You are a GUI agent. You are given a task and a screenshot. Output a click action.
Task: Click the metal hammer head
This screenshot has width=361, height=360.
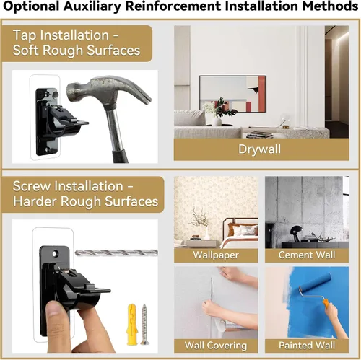click(x=108, y=91)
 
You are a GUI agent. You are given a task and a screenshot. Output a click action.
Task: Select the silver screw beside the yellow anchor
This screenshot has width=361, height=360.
click(x=144, y=324)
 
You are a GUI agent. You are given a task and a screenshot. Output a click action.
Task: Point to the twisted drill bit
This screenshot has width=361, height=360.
click(x=116, y=253)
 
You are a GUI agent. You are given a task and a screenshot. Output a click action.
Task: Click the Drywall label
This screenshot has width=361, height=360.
click(x=259, y=149)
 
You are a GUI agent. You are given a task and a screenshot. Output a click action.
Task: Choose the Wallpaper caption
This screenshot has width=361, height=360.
click(x=216, y=255)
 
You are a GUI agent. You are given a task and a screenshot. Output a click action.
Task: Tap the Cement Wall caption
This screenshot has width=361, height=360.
click(x=307, y=255)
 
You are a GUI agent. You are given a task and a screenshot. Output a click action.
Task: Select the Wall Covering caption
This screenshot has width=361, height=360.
click(x=216, y=346)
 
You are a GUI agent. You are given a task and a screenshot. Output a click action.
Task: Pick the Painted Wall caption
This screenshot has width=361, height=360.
click(x=307, y=346)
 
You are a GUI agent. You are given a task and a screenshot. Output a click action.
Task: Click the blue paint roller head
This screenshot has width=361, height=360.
click(x=315, y=281)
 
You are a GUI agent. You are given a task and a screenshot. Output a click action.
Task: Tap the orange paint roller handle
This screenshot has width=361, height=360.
click(x=326, y=304)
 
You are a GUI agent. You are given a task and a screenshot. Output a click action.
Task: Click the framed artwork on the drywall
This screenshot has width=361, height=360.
click(x=232, y=94)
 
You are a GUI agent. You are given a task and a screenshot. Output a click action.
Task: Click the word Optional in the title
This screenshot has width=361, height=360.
click(x=30, y=6)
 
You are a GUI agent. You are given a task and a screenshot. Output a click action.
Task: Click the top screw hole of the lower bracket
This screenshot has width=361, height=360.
click(x=56, y=253)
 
